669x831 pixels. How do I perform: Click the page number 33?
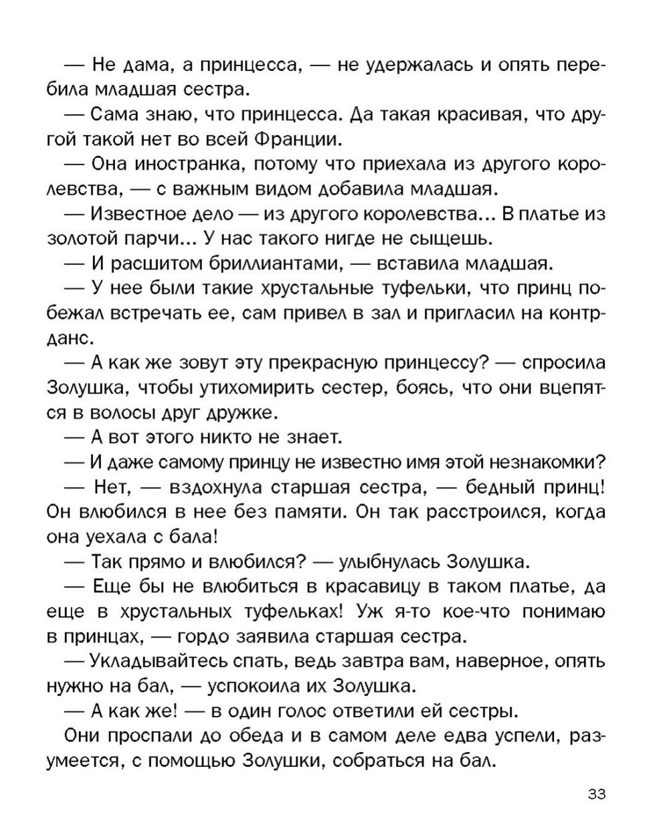coord(597,794)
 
